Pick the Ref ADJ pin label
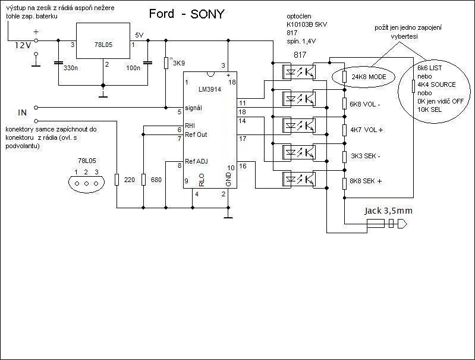point(197,161)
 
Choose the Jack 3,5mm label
point(388,211)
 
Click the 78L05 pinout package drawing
point(86,183)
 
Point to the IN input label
point(23,111)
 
